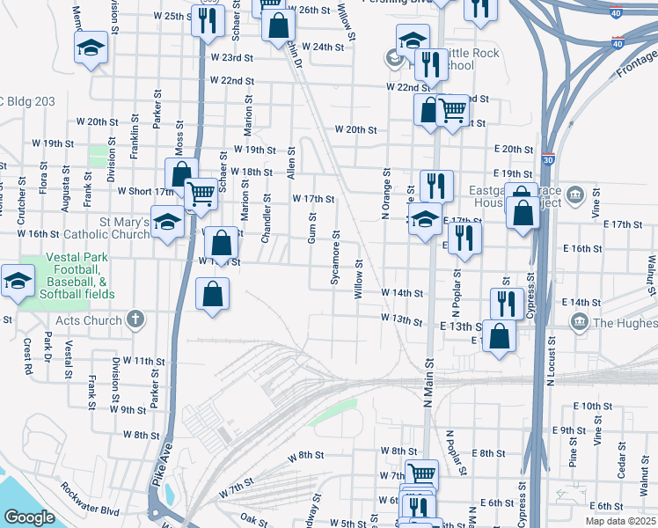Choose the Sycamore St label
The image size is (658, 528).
coord(335,257)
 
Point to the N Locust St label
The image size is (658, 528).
coord(552,359)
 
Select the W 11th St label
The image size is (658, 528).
coord(143,361)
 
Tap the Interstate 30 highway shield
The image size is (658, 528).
coord(548,160)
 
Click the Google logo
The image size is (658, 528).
coord(29,517)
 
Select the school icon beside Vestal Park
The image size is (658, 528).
coord(18,281)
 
